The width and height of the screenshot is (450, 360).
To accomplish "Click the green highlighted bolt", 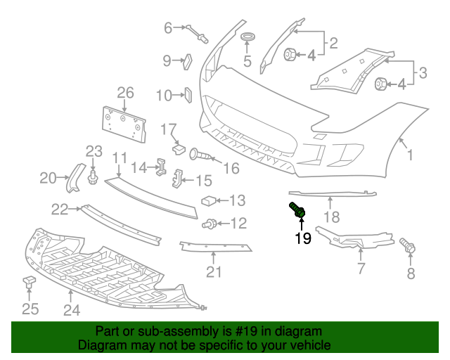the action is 297,210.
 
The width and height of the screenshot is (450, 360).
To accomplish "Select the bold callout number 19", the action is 303,238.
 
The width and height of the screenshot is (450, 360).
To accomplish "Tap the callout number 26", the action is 125,93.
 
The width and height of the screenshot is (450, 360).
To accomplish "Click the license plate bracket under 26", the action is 124,124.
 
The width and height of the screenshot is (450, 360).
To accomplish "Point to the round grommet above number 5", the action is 247,37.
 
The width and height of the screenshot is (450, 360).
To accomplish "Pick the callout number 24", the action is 72,310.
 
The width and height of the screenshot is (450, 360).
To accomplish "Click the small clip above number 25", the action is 29,281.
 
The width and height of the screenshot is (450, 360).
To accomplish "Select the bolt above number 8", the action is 408,245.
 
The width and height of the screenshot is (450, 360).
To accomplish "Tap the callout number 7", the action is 361,269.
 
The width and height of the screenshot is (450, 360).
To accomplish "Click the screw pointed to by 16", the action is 200,155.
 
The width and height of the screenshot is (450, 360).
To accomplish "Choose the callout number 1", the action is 410,155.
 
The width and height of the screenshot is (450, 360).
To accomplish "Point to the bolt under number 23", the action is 92,178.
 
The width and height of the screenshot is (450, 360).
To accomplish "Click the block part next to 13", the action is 208,201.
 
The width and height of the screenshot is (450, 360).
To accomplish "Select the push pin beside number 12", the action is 209,224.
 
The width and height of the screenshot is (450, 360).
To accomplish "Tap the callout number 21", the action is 214,272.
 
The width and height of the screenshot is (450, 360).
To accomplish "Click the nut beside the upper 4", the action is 290,55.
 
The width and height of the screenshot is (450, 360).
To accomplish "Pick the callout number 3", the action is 423,72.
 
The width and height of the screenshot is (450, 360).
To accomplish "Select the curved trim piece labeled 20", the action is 76,178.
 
